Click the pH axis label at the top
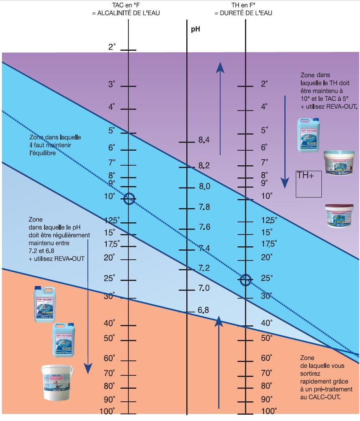click(196, 29)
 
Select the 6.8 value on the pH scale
click(203, 310)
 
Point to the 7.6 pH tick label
click(204, 227)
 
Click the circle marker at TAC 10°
click(130, 199)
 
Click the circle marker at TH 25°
click(246, 280)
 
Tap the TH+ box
click(309, 184)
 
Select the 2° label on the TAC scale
click(112, 47)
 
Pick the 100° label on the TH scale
click(269, 411)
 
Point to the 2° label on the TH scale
click(264, 84)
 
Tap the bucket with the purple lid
click(338, 216)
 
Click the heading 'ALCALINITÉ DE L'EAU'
click(126, 13)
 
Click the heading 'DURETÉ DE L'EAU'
click(243, 13)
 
